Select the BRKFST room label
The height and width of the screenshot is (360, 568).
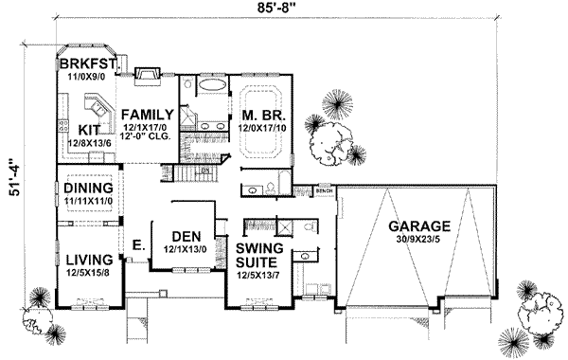coord(86,63)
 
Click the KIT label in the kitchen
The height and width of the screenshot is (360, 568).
coord(89,129)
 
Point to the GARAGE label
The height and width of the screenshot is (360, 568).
coord(417,226)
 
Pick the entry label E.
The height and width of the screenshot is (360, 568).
coord(136,243)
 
